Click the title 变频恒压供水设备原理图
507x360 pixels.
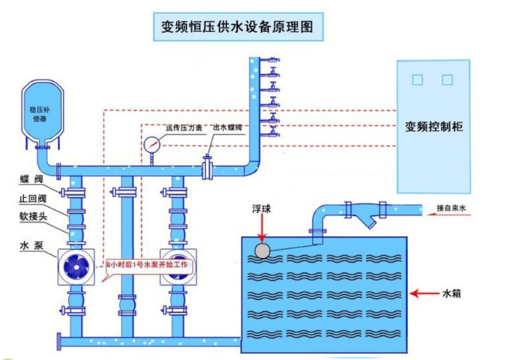pyautogui.click(x=243, y=28)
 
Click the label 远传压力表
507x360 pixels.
pyautogui.click(x=183, y=127)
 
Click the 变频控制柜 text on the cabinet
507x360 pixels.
pyautogui.click(x=433, y=127)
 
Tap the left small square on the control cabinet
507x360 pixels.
pyautogui.click(x=418, y=79)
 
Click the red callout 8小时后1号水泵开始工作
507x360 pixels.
pyautogui.click(x=150, y=266)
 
